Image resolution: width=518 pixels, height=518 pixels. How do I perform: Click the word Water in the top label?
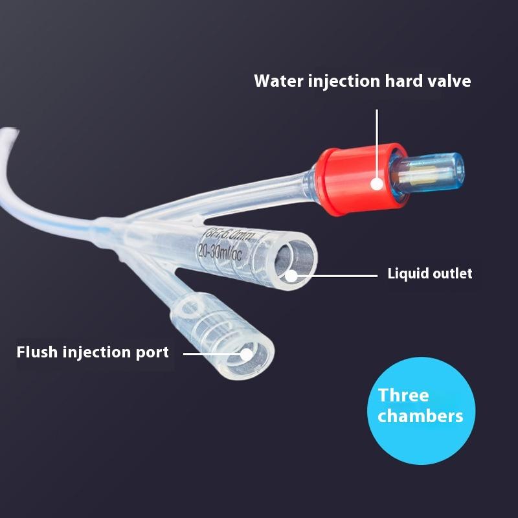pyautogui.click(x=274, y=81)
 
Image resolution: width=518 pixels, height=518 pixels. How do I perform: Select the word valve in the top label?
pyautogui.click(x=449, y=81)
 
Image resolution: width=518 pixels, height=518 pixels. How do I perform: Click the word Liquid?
pyautogui.click(x=405, y=273)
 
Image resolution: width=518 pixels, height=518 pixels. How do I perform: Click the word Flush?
pyautogui.click(x=37, y=352)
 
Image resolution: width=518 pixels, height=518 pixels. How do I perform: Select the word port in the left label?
pyautogui.click(x=152, y=353)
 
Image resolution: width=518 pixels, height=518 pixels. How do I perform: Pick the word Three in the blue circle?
pyautogui.click(x=403, y=395)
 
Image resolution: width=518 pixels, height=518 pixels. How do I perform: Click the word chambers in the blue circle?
pyautogui.click(x=420, y=415)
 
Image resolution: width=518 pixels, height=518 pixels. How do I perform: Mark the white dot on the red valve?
pyautogui.click(x=377, y=184)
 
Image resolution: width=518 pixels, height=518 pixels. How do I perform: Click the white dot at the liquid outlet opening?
pyautogui.click(x=291, y=275)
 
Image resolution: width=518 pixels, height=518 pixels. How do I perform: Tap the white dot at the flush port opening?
pyautogui.click(x=247, y=354)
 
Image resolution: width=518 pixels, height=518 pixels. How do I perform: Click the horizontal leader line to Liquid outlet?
pyautogui.click(x=337, y=275)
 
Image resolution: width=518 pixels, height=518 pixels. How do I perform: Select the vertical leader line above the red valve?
pyautogui.click(x=377, y=142)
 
